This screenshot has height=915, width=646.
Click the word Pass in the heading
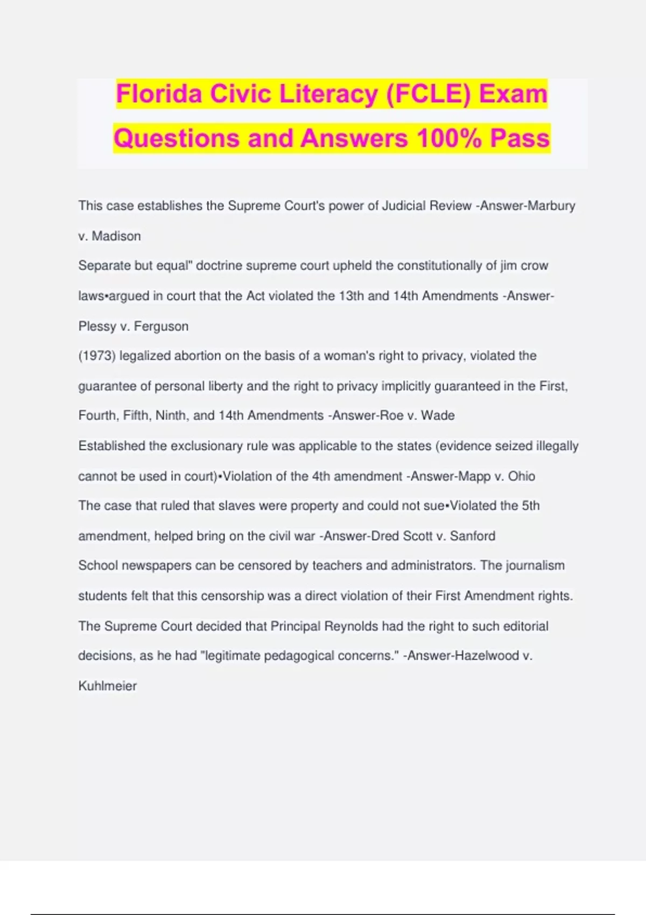pyautogui.click(x=519, y=138)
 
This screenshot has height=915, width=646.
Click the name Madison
pyautogui.click(x=116, y=236)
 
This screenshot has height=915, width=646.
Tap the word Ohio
pyautogui.click(x=522, y=476)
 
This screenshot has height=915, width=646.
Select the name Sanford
pyautogui.click(x=473, y=536)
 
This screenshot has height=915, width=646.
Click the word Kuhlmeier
pyautogui.click(x=108, y=686)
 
